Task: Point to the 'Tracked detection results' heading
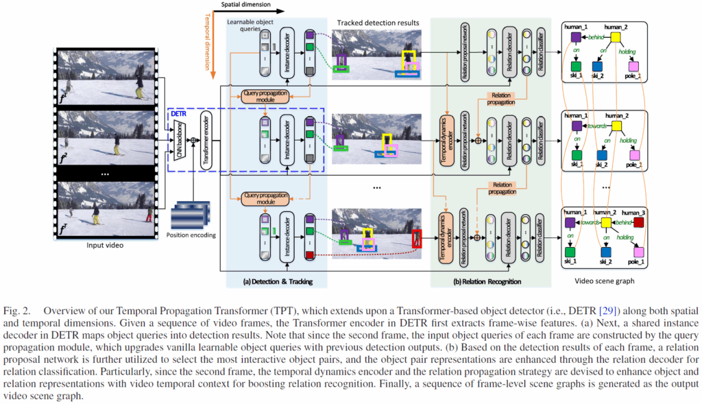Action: (378, 23)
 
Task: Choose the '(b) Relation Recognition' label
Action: (487, 281)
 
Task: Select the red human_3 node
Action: (639, 223)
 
